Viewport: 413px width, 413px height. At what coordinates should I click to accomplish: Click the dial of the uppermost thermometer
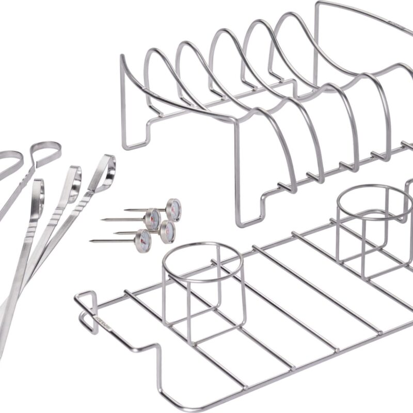tap(174, 208)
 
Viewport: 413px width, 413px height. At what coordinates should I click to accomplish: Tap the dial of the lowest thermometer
tap(144, 239)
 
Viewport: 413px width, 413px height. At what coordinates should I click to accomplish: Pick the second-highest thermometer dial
tap(153, 218)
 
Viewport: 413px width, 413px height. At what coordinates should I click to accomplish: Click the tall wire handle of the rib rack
tap(361, 15)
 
